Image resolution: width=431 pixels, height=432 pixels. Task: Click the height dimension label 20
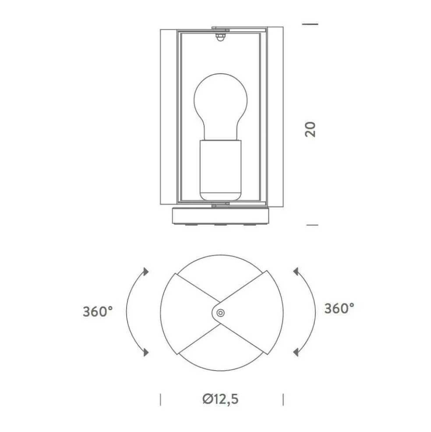(310, 129)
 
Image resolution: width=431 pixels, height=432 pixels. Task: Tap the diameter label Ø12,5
(220, 399)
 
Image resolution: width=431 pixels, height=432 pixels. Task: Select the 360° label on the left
(98, 311)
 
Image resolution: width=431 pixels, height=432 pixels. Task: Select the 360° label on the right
(339, 308)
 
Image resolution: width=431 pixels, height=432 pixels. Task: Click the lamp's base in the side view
(220, 216)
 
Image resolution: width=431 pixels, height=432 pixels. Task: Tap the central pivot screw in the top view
(220, 313)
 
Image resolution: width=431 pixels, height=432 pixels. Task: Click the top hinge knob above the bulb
(220, 37)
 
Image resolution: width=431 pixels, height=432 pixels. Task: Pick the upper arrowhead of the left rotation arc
(146, 271)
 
